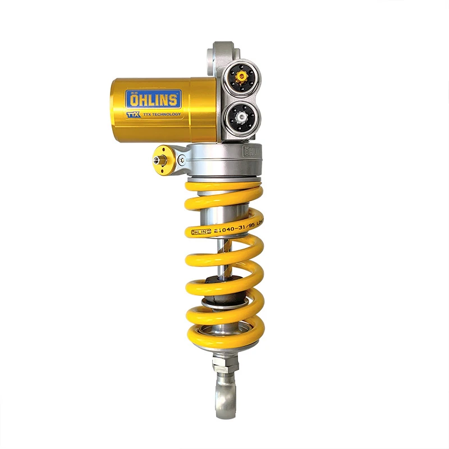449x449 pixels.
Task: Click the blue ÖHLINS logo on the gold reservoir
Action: pyautogui.click(x=154, y=99)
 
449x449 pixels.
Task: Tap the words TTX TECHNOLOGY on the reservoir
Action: pyautogui.click(x=162, y=114)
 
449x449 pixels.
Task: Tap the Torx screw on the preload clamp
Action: pyautogui.click(x=181, y=160)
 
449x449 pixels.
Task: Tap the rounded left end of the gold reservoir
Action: pyautogui.click(x=114, y=109)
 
